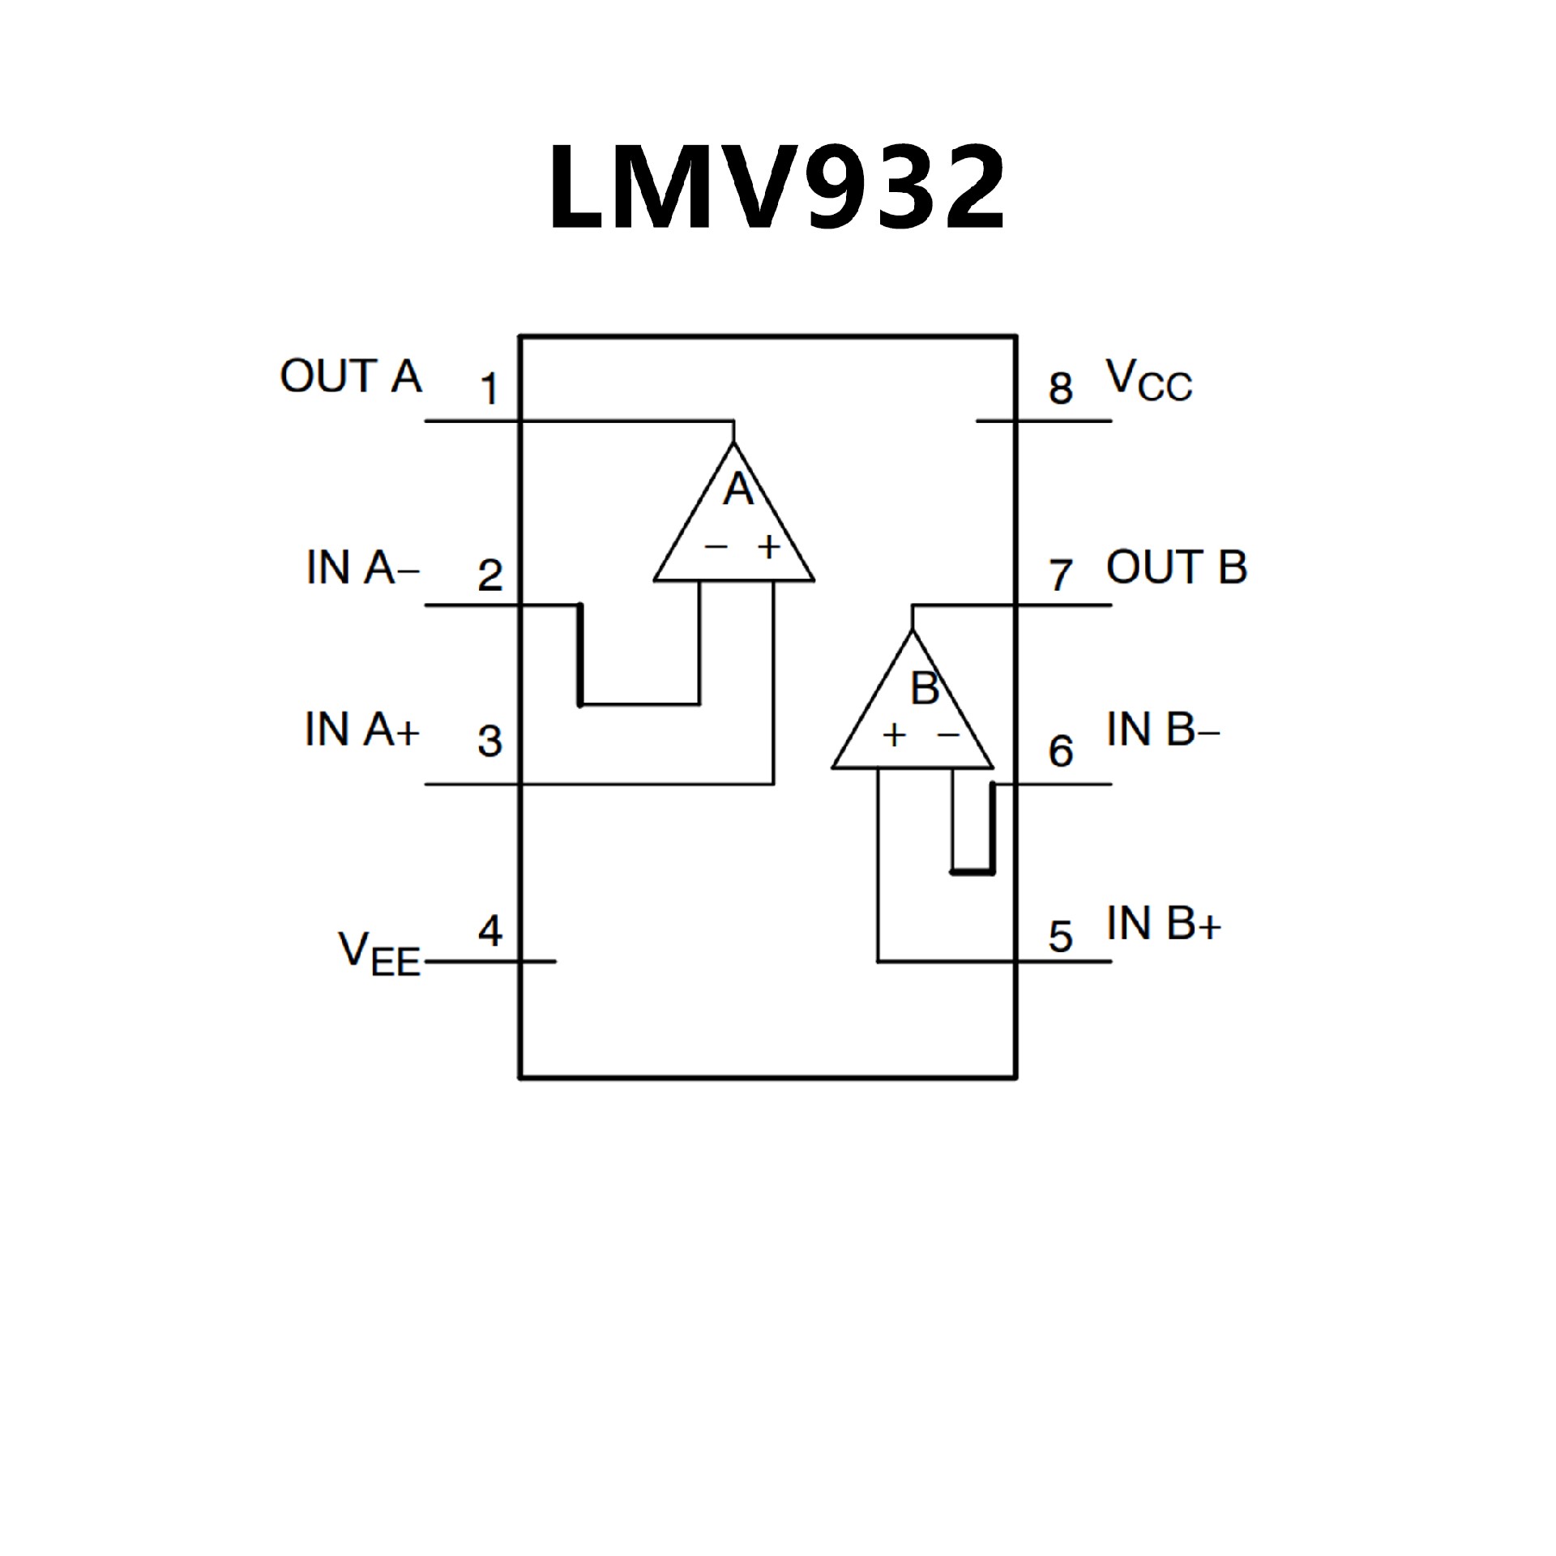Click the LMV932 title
pos(776,188)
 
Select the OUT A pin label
pos(351,377)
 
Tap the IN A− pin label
pos(362,567)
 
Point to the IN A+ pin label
pos(361,729)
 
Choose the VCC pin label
pos(1149,381)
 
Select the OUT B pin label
pos(1176,567)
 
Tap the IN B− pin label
pos(1163,730)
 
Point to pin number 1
pos(489,389)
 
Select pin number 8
pos(1061,388)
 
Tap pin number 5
pos(1061,937)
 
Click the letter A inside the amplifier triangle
pos(737,489)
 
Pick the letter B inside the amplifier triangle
pos(925,688)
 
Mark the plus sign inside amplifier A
pos(768,547)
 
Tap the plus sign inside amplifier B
pos(894,736)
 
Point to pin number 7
pos(1061,575)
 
